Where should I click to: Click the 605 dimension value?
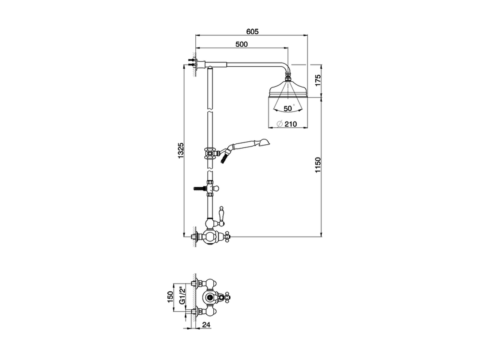[253, 32]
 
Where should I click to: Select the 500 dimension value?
[241, 44]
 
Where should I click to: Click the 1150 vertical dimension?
[318, 165]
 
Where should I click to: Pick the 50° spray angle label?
[288, 108]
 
